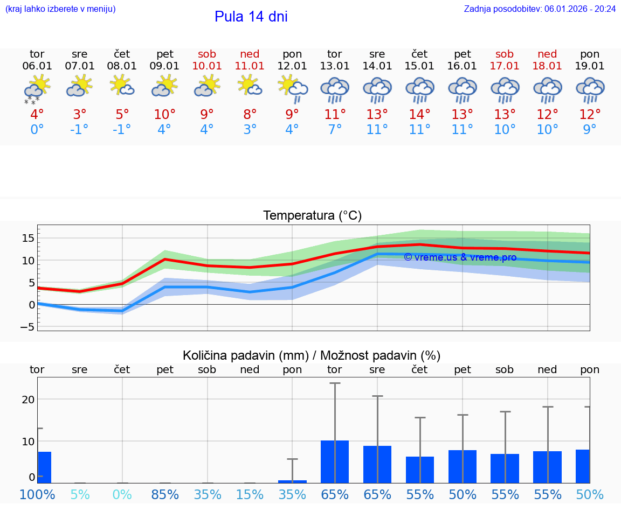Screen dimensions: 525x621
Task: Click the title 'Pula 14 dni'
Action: click(251, 17)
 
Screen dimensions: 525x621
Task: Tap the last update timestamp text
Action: click(540, 9)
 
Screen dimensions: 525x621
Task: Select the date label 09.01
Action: click(165, 66)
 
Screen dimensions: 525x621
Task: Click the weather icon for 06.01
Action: click(37, 89)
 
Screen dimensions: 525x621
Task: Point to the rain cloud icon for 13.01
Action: click(335, 90)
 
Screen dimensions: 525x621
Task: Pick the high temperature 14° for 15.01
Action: click(419, 115)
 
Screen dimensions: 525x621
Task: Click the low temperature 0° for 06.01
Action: click(37, 130)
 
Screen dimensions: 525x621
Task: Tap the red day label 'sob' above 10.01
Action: click(207, 54)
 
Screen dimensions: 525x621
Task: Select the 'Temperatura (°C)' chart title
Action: click(312, 215)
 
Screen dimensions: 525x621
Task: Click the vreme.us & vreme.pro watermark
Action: click(460, 257)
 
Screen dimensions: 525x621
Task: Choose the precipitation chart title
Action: click(312, 355)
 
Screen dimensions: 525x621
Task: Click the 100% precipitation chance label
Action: click(37, 494)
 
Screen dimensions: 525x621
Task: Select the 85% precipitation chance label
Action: click(165, 494)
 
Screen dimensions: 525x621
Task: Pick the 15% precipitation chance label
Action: click(250, 494)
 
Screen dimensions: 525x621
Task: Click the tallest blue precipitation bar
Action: click(335, 461)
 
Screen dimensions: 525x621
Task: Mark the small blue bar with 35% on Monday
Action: click(292, 481)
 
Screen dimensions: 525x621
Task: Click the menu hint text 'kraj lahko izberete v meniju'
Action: click(60, 9)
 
